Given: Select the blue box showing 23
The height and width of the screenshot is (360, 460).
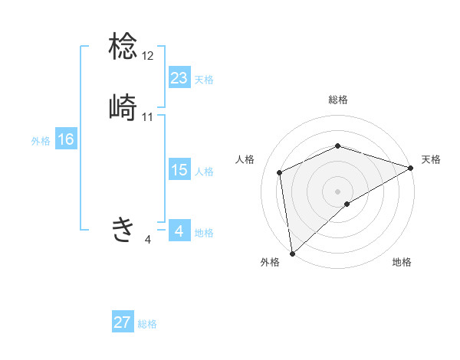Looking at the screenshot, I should tap(179, 77).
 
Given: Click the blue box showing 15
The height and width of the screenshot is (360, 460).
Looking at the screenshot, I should tap(179, 170).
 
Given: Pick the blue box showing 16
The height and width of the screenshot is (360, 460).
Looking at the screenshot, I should tap(66, 139).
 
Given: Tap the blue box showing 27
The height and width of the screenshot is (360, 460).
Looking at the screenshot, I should tap(123, 322).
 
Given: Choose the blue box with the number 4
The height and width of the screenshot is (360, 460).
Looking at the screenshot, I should tap(179, 231).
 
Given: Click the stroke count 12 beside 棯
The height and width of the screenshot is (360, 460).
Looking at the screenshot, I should tap(148, 56).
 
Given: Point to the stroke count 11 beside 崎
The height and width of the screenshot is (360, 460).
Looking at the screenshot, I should tap(148, 117).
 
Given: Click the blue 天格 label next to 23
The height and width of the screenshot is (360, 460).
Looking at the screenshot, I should tap(204, 79).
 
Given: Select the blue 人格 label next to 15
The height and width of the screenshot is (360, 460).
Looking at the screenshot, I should tap(204, 172).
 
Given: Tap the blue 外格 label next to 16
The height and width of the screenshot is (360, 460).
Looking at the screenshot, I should tap(41, 141).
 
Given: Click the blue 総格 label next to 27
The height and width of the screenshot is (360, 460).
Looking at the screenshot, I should tap(147, 324).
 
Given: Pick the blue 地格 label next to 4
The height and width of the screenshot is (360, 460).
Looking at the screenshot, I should tap(204, 233).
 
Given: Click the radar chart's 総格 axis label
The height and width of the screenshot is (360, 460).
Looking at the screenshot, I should tap(338, 100).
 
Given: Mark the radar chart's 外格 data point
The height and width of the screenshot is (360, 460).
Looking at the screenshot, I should tap(291, 253).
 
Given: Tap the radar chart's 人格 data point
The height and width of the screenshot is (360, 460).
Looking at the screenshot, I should tap(280, 172).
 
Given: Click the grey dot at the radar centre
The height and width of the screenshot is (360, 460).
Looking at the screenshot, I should tap(337, 191).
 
